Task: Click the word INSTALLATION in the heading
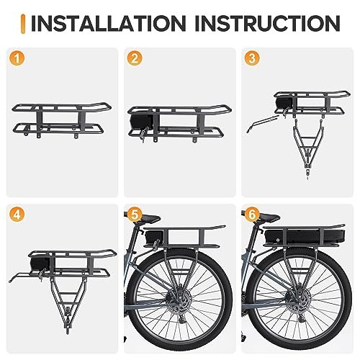click(109, 23)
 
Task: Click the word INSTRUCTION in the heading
click(268, 23)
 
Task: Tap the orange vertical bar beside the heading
click(23, 24)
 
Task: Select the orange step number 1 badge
click(17, 58)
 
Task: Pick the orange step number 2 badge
click(135, 58)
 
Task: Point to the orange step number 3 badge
click(252, 58)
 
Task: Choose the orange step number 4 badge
click(17, 215)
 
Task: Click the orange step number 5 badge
click(135, 215)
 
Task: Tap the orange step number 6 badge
click(252, 215)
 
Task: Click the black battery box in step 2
click(141, 122)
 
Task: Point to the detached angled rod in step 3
click(262, 123)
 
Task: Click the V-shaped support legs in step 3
click(307, 144)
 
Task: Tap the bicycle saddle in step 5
click(147, 218)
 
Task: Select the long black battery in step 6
click(305, 236)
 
